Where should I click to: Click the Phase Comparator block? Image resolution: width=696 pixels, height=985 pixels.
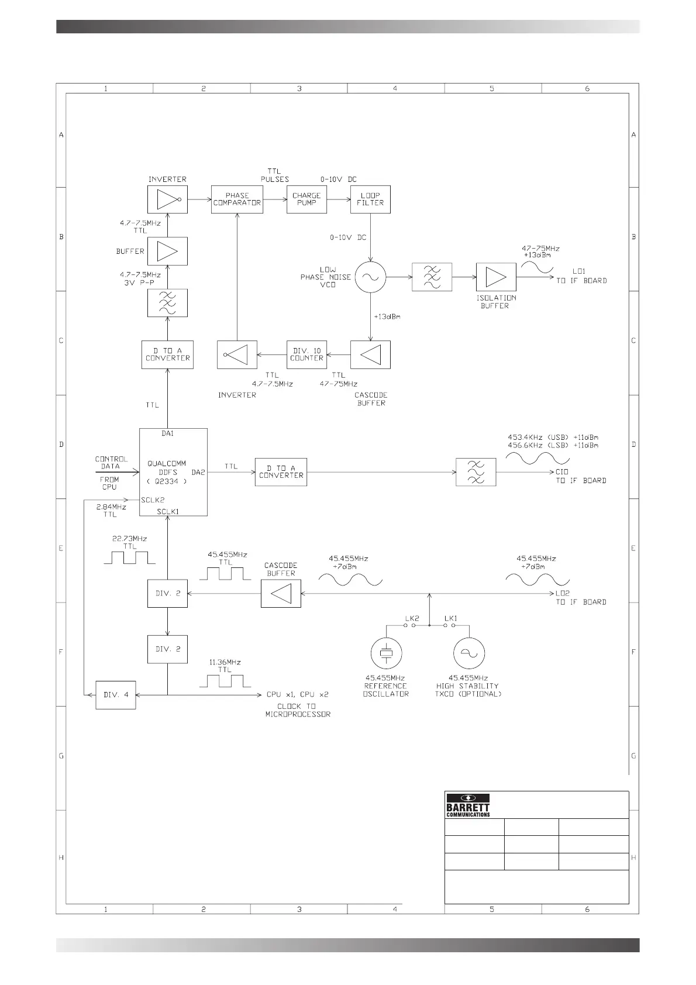pos(237,199)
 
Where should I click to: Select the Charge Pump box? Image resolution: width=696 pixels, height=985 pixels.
pos(306,199)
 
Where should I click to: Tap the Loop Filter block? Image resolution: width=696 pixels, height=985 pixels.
pos(370,199)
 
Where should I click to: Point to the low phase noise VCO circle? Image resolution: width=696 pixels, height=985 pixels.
pos(371,277)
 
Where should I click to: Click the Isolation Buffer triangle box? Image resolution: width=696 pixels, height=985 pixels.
pos(496,277)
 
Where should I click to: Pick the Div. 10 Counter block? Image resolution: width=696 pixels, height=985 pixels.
pos(306,354)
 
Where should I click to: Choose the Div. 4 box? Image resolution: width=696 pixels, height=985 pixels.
pos(116,695)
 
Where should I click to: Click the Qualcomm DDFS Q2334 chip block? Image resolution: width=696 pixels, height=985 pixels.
pos(173,472)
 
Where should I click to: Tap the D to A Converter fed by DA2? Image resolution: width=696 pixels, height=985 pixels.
pos(281,471)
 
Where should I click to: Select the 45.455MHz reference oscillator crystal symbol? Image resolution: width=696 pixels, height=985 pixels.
pos(385,653)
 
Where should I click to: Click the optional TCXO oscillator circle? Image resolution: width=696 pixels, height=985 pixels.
pos(469,653)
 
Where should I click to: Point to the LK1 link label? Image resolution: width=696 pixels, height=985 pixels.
pos(450,618)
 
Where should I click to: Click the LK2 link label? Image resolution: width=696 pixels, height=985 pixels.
pos(412,618)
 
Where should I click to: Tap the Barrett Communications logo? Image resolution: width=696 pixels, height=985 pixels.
pos(468,805)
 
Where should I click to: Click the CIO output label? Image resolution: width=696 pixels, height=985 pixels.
pos(561,471)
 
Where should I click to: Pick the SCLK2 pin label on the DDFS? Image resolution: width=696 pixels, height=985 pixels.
pos(153,500)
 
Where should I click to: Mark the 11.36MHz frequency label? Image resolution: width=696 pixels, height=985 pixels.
pos(225,662)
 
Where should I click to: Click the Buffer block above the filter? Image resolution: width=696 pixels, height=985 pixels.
pos(167,252)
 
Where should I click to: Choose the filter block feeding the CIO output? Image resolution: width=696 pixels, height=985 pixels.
pos(476,472)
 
